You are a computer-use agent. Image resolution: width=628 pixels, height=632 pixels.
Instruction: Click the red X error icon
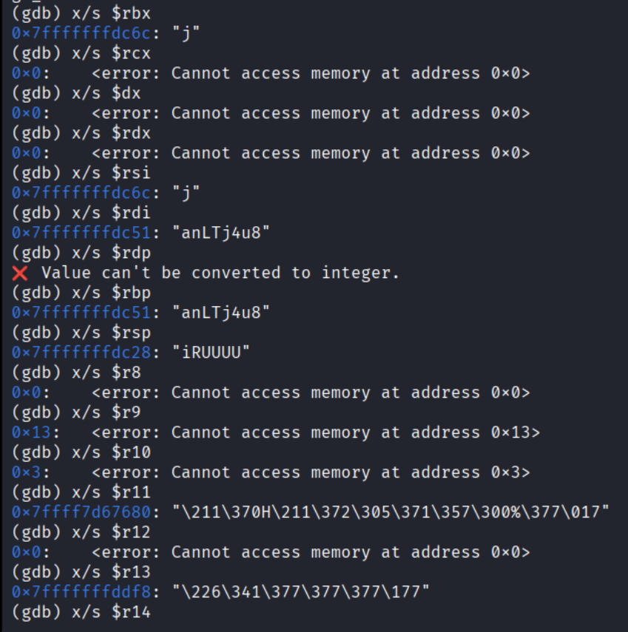20,273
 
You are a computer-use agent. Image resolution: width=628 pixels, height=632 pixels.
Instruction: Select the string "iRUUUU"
215,353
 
